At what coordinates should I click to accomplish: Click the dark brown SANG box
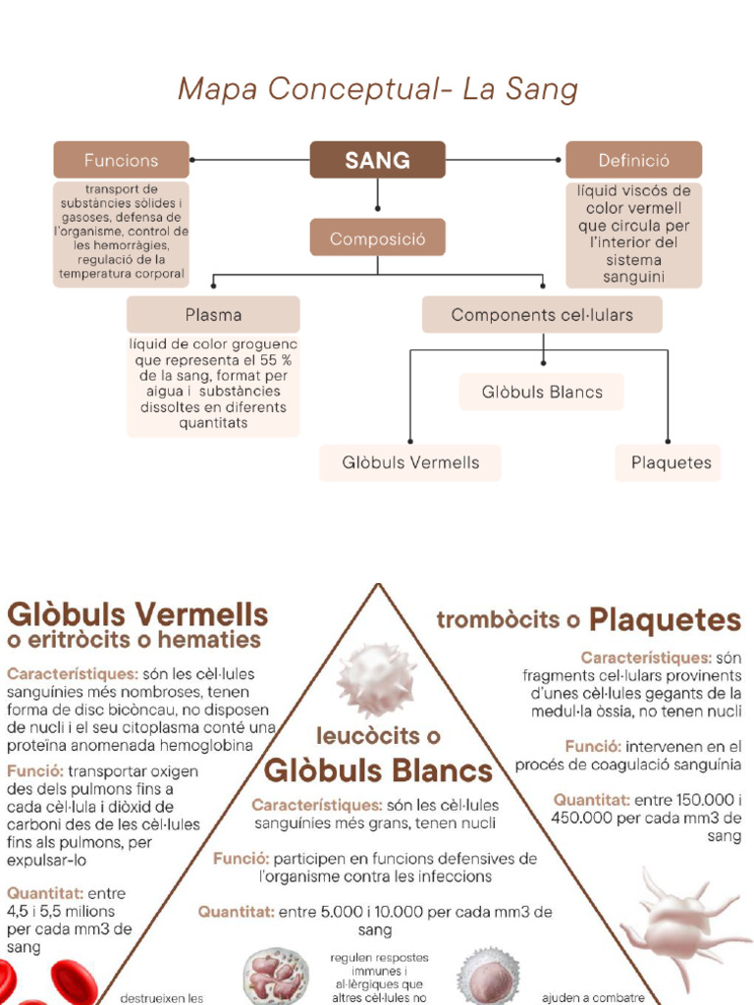tap(378, 160)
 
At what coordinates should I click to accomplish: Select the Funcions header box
tap(121, 160)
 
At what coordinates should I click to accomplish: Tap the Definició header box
tap(633, 160)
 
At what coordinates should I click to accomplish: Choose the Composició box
tap(378, 238)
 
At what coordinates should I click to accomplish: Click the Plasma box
tap(213, 315)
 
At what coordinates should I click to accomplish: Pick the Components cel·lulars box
tap(542, 315)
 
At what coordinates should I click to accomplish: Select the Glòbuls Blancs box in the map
tap(542, 392)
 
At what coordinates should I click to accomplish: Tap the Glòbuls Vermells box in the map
tap(410, 463)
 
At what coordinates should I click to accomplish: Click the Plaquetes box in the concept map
tap(668, 463)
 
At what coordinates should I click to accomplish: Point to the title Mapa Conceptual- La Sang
tap(378, 89)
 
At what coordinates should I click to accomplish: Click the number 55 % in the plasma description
tap(276, 360)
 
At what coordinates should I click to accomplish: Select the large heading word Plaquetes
tap(665, 620)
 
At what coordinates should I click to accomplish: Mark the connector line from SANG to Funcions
tap(250, 160)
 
